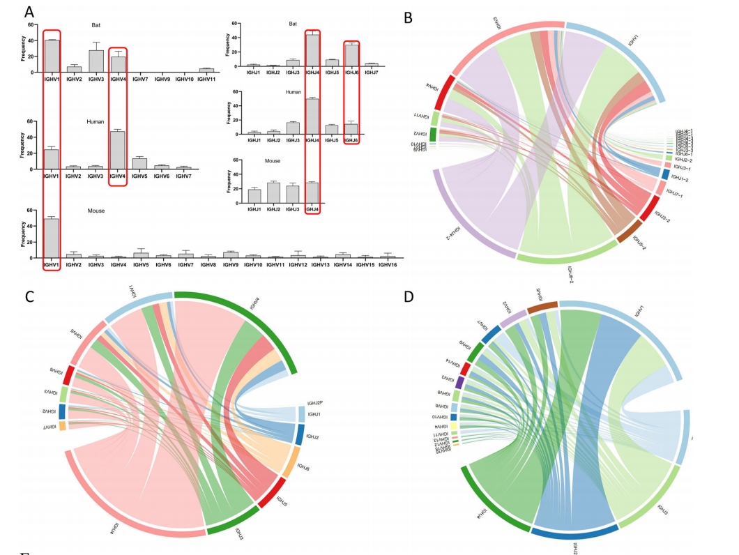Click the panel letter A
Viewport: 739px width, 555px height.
pos(29,12)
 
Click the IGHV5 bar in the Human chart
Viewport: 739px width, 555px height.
pos(139,163)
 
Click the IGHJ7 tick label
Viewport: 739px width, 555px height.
pos(372,71)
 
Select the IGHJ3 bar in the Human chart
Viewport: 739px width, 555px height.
pos(293,128)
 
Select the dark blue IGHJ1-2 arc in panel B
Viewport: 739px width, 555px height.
pos(664,174)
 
